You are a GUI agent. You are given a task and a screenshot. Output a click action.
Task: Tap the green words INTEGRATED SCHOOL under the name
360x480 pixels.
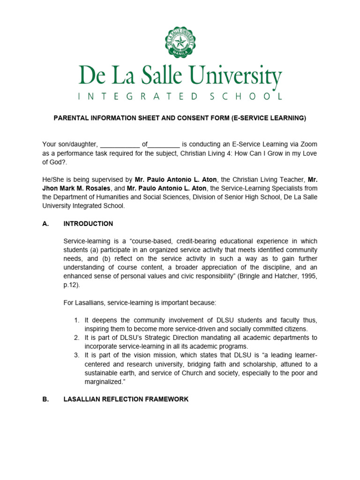pyautogui.click(x=180, y=97)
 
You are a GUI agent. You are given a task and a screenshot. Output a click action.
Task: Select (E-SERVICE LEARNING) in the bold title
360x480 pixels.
pyautogui.click(x=269, y=118)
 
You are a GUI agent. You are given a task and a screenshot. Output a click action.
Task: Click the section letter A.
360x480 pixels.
pyautogui.click(x=45, y=224)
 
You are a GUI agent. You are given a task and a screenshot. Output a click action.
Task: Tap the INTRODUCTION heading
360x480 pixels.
pyautogui.click(x=88, y=224)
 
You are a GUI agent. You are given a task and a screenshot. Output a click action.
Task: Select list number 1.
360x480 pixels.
pyautogui.click(x=77, y=320)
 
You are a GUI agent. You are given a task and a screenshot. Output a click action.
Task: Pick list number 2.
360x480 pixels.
pyautogui.click(x=77, y=337)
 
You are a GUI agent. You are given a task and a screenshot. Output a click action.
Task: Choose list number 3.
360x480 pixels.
pyautogui.click(x=77, y=355)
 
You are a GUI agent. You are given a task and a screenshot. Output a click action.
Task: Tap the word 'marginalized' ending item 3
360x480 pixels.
pyautogui.click(x=104, y=382)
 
